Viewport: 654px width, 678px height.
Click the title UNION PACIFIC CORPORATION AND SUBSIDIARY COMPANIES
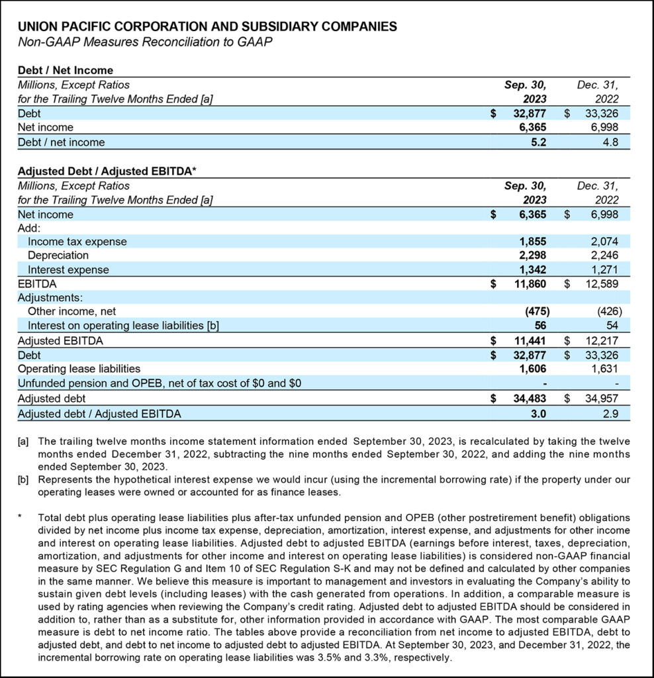tap(207, 27)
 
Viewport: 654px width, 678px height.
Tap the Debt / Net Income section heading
tap(66, 70)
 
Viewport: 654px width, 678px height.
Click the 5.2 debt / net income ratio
tap(539, 142)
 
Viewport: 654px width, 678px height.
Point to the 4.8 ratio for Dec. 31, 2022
tap(611, 142)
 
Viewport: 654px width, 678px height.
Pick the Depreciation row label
tap(58, 256)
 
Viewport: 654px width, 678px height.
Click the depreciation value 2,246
tap(605, 256)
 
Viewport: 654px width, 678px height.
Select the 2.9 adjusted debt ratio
tap(611, 414)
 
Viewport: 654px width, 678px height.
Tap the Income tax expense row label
tap(77, 242)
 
